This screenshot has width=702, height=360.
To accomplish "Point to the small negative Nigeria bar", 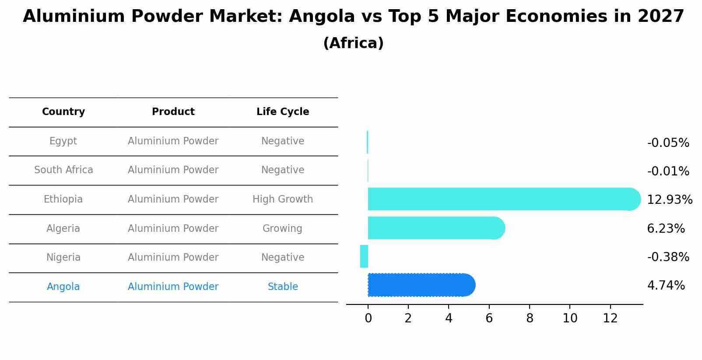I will pos(364,256).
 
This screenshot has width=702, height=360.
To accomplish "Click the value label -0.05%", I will pos(668,143).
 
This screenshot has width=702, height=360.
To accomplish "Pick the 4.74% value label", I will pos(666,286).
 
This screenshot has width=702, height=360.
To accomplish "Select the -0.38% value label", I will pos(668,257).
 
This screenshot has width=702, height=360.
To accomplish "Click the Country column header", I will pos(63,112).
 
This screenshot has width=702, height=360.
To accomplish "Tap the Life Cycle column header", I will pos(283,112).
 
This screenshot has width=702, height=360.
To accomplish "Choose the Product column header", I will pos(173,112).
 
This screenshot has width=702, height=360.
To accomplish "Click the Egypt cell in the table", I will pos(63,141).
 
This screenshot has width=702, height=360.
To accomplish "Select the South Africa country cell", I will pos(63,170).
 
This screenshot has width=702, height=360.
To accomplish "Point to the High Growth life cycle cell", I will pos(283,199).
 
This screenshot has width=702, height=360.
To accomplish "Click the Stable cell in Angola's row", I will pos(283,287).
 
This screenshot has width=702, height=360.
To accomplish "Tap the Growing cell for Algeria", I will pos(282,229).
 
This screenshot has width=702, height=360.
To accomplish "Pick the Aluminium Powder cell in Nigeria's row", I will pos(173,258).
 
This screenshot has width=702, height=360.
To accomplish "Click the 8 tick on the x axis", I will pos(530,318).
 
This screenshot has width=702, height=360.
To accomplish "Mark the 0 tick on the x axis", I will pos(368,318).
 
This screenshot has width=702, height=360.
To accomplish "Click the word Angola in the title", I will pos(322,17).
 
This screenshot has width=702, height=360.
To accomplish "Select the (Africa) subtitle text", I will pos(353,43).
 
